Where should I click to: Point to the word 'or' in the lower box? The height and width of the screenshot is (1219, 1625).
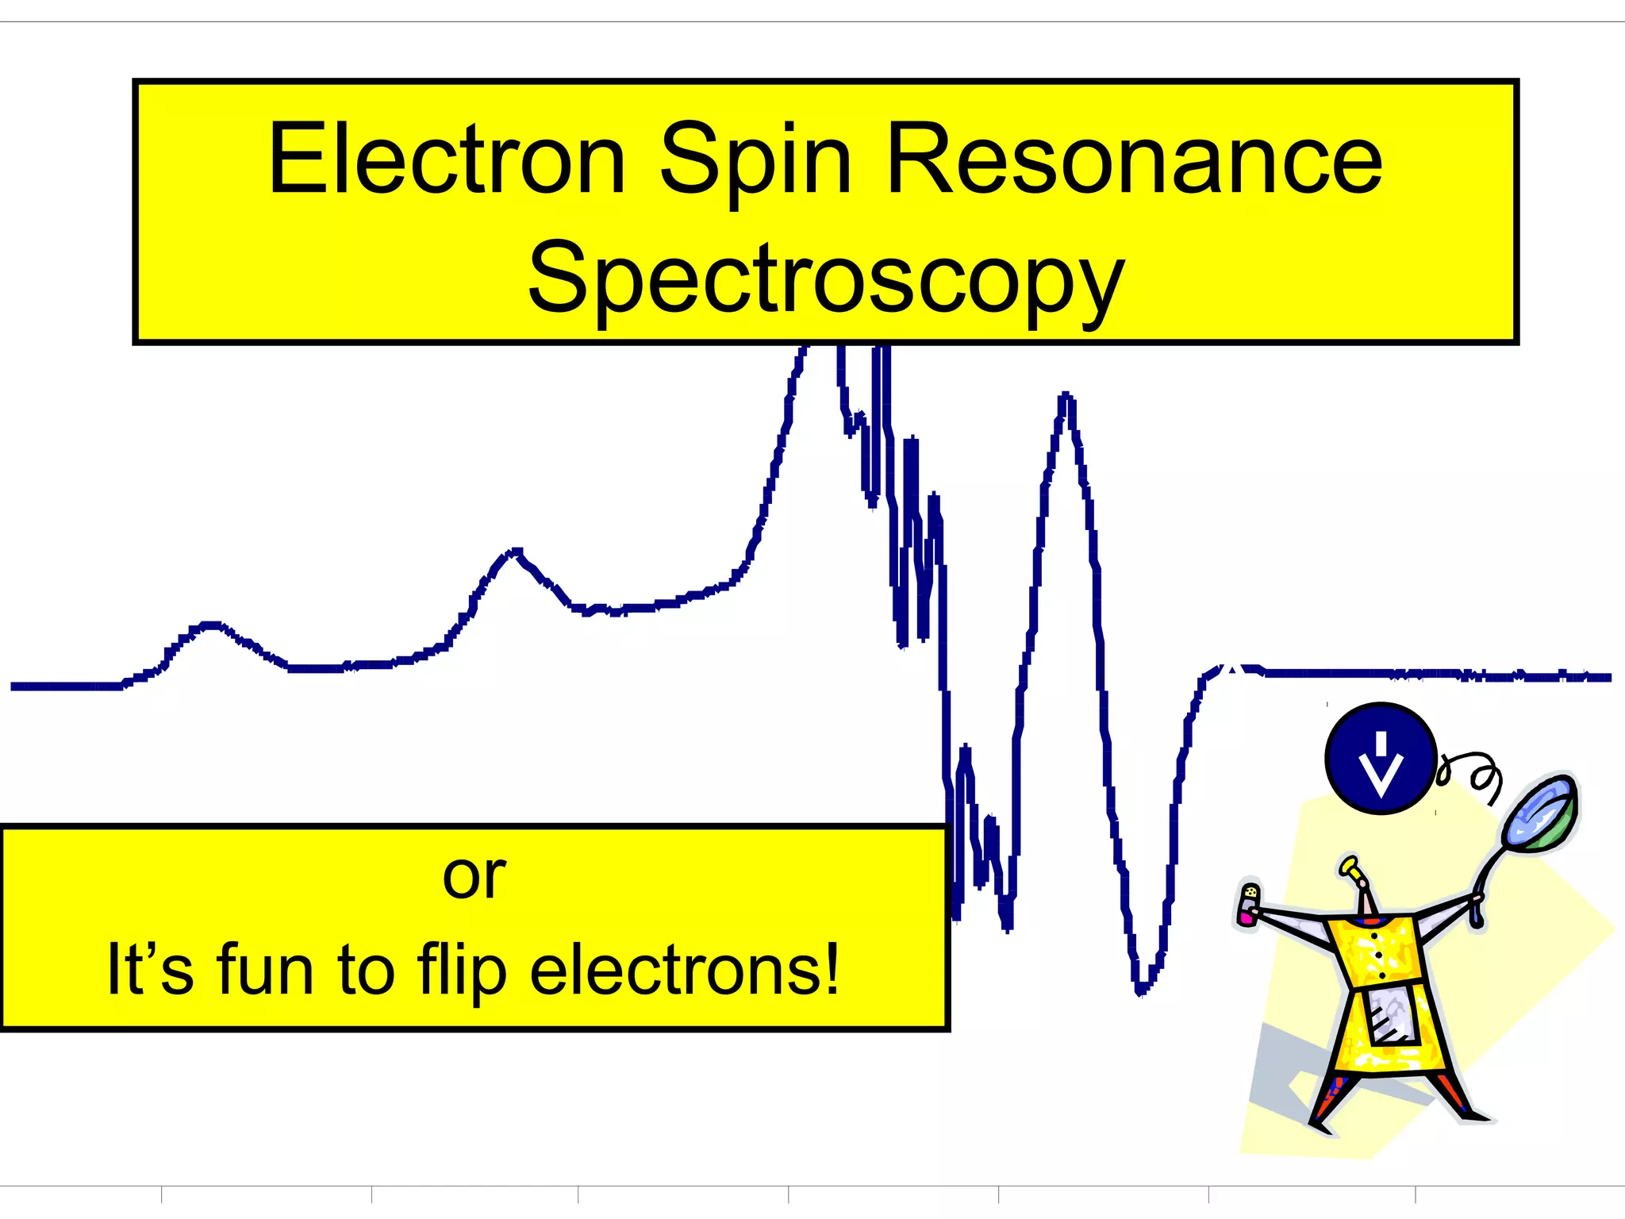point(474,877)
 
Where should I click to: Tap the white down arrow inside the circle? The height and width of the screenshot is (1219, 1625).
point(1381,766)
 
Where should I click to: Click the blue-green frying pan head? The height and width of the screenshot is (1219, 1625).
point(1540,813)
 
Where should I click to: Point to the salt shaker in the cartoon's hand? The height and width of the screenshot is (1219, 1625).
point(1249,904)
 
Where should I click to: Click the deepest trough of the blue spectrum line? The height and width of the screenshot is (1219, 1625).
point(1141,989)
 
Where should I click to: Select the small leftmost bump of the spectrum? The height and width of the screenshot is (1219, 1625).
point(210,626)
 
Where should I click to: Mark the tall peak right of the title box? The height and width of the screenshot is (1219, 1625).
point(1066,397)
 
